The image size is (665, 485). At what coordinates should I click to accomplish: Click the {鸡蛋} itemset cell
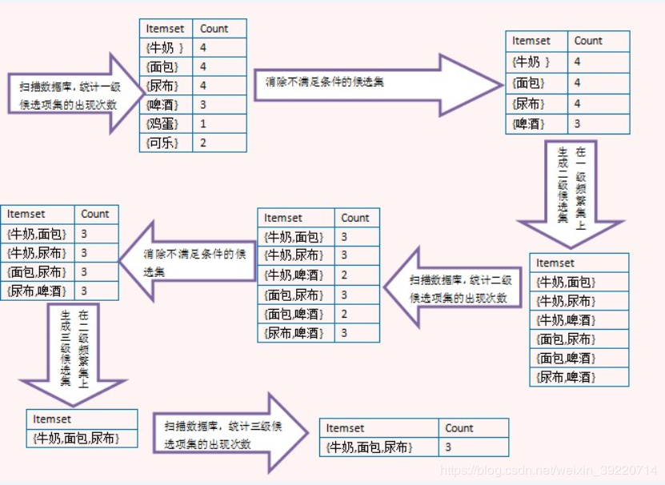166,123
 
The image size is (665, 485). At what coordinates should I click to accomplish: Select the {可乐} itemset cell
166,142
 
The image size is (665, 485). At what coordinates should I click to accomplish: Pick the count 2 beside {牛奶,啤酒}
356,275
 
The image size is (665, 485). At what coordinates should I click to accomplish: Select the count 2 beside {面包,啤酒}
356,314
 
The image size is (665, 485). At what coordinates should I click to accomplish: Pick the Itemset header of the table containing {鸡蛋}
166,29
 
